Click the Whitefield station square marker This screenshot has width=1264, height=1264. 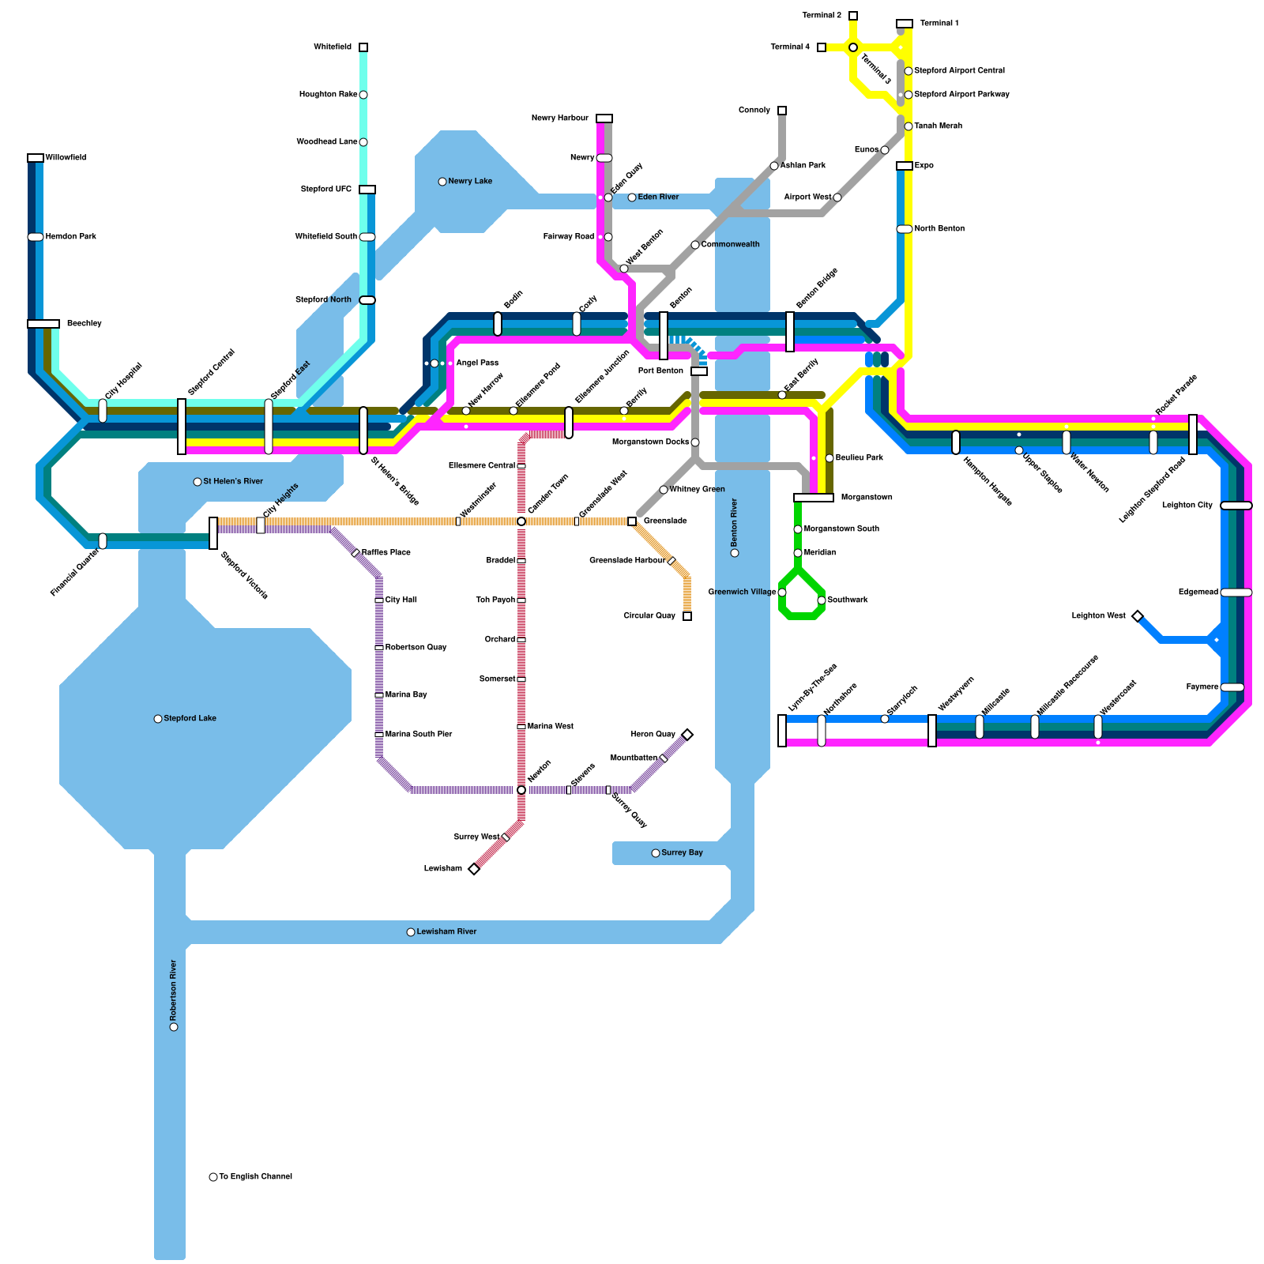pyautogui.click(x=363, y=47)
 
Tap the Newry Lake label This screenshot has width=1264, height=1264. pyautogui.click(x=470, y=182)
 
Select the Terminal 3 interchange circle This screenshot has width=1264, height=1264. pyautogui.click(x=853, y=48)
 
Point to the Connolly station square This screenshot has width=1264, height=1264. pyautogui.click(x=782, y=111)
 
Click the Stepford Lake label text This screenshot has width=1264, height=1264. pyautogui.click(x=190, y=719)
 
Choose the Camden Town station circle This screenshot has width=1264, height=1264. pyautogui.click(x=521, y=521)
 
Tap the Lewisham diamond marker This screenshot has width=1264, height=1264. pyautogui.click(x=474, y=869)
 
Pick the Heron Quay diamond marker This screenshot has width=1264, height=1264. pyautogui.click(x=687, y=735)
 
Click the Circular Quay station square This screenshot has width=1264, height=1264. pyautogui.click(x=687, y=616)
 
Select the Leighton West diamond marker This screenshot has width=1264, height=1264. pyautogui.click(x=1138, y=616)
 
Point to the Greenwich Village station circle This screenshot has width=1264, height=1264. pyautogui.click(x=782, y=592)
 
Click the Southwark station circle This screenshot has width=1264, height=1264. pyautogui.click(x=822, y=600)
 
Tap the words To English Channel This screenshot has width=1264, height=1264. pyautogui.click(x=255, y=1177)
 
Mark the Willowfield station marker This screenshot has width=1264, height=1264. pyautogui.click(x=36, y=158)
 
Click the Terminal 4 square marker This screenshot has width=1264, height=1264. pyautogui.click(x=822, y=47)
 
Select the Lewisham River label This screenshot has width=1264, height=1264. pyautogui.click(x=446, y=932)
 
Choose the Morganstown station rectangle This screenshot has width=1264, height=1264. pyautogui.click(x=814, y=498)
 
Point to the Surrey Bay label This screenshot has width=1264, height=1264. pyautogui.click(x=682, y=853)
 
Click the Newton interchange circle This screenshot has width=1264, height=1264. pyautogui.click(x=521, y=790)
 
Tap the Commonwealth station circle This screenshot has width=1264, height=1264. pyautogui.click(x=695, y=245)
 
